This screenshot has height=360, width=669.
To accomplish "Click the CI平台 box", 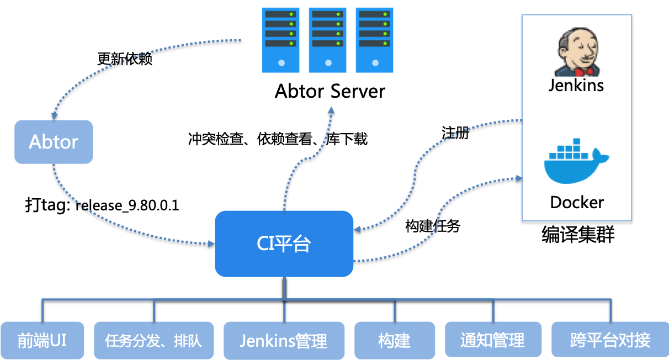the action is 284,244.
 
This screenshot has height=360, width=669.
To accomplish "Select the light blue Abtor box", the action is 54,142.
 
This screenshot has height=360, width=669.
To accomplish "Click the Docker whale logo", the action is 576,161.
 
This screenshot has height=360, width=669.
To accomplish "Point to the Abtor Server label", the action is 330,91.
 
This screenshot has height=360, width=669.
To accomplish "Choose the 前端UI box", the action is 42,340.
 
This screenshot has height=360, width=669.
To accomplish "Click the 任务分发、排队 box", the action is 154,340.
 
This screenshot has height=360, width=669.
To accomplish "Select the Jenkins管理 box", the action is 284,340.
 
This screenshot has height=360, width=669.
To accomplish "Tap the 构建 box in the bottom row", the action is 395,340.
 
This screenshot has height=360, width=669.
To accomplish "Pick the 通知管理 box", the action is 493,340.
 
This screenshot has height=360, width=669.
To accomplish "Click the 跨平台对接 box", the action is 610,340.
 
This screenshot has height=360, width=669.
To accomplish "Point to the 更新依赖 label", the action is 125,59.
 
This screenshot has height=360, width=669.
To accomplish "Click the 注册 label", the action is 455,133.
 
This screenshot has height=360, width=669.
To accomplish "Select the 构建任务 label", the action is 433,226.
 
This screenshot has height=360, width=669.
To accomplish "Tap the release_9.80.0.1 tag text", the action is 127,205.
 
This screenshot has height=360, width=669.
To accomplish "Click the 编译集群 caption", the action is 578,235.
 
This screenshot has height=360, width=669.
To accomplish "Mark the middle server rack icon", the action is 328,40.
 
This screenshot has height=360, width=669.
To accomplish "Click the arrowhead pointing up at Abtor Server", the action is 331,110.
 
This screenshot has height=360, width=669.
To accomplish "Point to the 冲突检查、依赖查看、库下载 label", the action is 278,139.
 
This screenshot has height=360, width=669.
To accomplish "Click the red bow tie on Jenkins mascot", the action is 583,72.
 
